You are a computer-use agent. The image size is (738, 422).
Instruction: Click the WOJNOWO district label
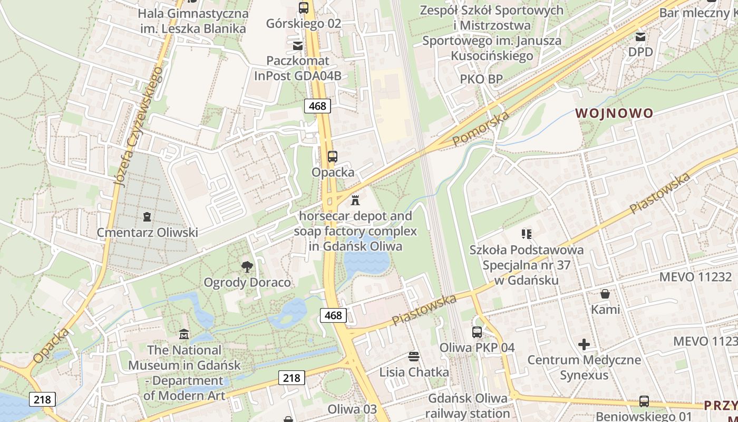tap(614, 113)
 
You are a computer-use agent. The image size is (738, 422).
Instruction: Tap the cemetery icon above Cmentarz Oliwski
tap(147, 216)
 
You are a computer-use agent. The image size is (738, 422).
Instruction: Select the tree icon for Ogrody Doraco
tap(246, 266)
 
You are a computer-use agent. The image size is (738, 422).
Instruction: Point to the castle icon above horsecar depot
tap(355, 200)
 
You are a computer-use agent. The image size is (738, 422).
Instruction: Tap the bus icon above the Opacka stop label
tap(332, 157)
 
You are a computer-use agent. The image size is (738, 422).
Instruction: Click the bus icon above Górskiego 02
tap(303, 7)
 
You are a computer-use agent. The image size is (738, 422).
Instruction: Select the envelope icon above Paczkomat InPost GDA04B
tap(298, 45)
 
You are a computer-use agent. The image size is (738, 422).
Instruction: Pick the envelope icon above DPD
tap(640, 36)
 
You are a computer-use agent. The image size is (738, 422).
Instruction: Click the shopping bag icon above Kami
tap(605, 293)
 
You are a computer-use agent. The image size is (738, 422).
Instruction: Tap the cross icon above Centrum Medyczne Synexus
tap(584, 344)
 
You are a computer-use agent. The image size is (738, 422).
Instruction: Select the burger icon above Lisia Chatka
tap(414, 357)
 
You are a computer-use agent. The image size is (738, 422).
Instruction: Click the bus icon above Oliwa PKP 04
tap(477, 332)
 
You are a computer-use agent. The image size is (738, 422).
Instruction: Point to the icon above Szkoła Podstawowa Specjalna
tap(526, 234)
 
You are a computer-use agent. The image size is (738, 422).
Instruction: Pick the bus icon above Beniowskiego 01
tap(644, 401)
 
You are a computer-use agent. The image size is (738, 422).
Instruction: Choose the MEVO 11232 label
tap(695, 277)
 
